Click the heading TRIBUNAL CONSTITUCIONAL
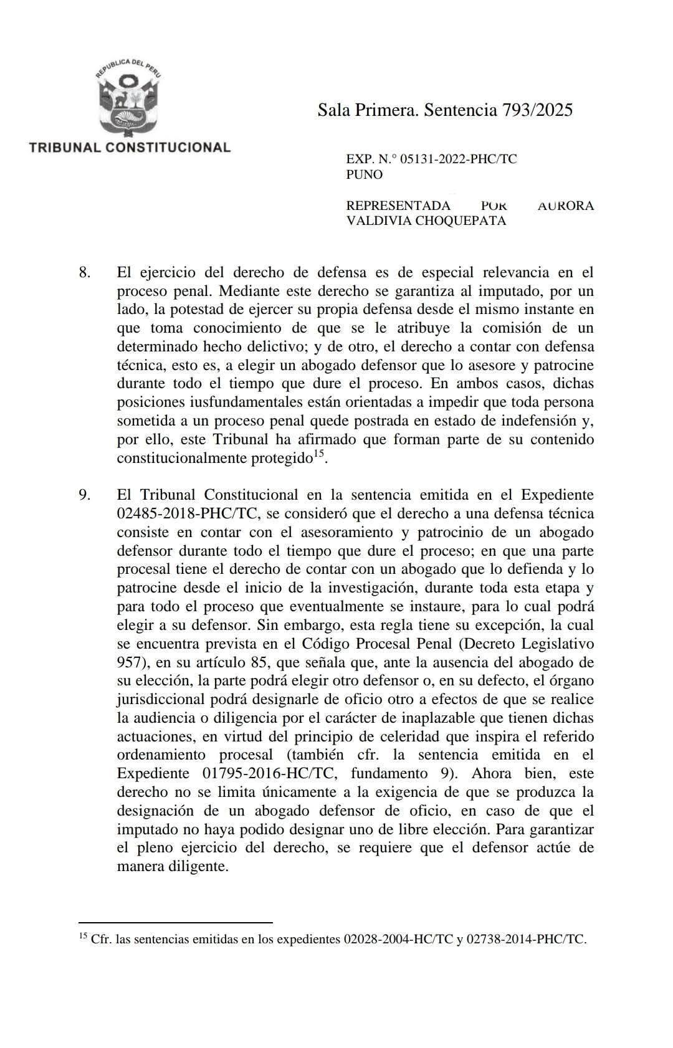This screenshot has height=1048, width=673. click(x=130, y=148)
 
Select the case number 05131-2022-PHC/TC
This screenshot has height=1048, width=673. click(x=458, y=159)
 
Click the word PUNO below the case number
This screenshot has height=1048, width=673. click(x=364, y=174)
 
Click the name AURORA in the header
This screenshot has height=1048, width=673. click(x=565, y=206)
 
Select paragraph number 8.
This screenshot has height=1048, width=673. click(x=85, y=272)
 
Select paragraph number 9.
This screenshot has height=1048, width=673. click(x=85, y=495)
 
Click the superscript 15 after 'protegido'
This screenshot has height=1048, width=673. click(x=318, y=455)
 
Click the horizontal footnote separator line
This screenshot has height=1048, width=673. click(x=176, y=922)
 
